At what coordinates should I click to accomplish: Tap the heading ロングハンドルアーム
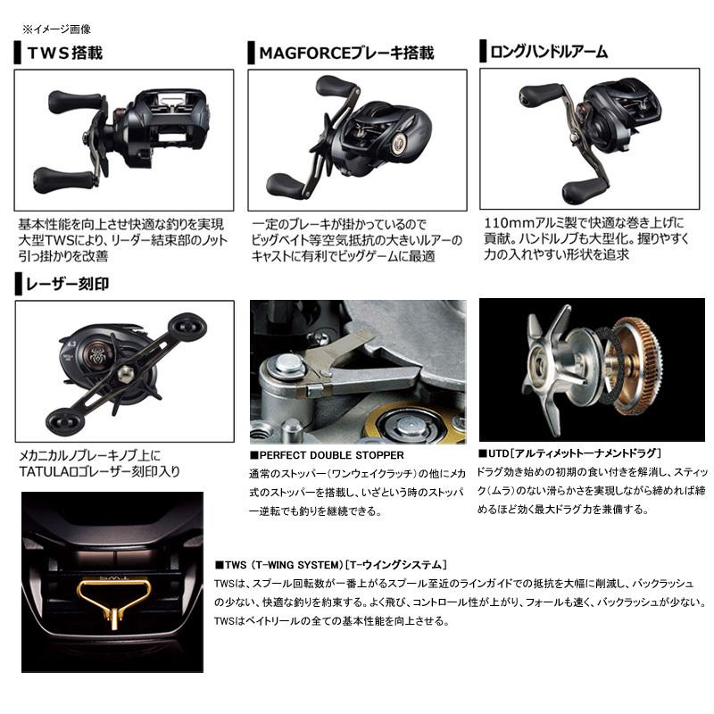tap(549, 52)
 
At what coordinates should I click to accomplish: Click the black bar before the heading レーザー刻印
tap(18, 286)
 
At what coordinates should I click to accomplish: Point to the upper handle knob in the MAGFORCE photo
tap(333, 87)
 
